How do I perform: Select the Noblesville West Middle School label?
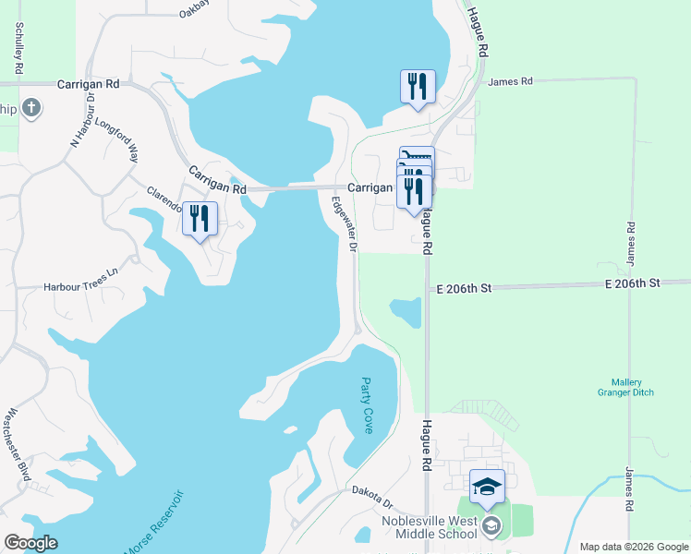[429, 527]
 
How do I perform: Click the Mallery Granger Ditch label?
[633, 387]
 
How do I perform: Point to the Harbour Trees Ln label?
[81, 287]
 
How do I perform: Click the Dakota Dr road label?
[372, 499]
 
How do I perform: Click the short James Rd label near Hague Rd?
[511, 82]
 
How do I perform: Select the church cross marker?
[32, 109]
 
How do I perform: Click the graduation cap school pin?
[487, 486]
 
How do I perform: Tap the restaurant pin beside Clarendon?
[200, 219]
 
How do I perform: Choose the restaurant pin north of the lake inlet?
[417, 87]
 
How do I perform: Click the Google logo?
[30, 543]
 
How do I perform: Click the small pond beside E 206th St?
[406, 312]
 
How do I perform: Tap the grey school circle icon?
[491, 527]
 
